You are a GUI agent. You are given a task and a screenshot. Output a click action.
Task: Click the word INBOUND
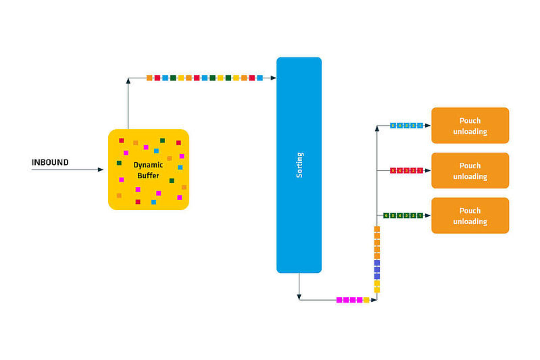pos(50,162)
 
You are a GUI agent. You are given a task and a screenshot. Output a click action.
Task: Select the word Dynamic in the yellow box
pos(148,165)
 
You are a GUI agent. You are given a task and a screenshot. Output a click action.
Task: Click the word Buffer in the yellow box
pos(148,176)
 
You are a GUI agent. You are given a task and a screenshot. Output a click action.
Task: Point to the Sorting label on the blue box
pos(299,165)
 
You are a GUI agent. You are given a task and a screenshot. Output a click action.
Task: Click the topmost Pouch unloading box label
pos(470,126)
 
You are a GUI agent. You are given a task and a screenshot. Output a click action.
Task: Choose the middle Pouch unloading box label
pos(470,171)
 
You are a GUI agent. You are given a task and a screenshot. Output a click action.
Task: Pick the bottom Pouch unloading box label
pos(470,216)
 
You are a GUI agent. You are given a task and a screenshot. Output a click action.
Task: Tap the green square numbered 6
pos(386,216)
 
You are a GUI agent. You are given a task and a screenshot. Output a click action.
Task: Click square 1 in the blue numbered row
pos(420,126)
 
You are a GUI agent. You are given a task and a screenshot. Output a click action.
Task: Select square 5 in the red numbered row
pos(393,171)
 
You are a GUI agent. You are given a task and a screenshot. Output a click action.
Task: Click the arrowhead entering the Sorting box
pos(273,78)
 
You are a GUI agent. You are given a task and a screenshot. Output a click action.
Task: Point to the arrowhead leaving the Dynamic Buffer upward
pos(128,81)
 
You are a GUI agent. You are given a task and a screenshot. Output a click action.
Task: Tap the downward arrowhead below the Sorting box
pos(299,297)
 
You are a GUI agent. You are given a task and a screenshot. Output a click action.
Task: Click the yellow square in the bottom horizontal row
pos(366,300)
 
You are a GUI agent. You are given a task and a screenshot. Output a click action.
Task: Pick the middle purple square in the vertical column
pos(377,270)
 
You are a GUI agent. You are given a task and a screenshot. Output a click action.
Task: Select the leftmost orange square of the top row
pos(149,78)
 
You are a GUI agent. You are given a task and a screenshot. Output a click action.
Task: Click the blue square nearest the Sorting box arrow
pos(260,78)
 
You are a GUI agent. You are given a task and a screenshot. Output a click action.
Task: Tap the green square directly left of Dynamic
pos(119,163)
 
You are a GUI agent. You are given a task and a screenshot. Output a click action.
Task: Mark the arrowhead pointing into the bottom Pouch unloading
pos(428,216)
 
